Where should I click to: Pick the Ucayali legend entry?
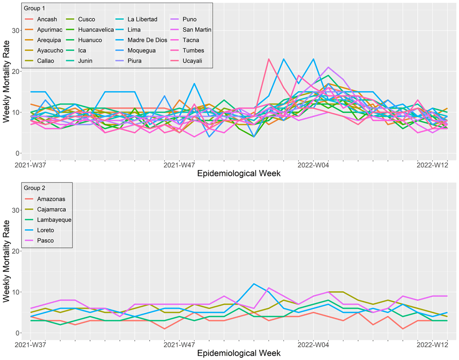[x=193, y=61]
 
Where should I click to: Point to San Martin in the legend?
[x=196, y=29]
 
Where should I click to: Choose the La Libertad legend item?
[x=142, y=19]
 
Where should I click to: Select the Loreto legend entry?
[x=48, y=230]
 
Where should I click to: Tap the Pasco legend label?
[x=47, y=240]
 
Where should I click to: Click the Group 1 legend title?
[x=34, y=8]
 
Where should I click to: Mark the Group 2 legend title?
[x=34, y=188]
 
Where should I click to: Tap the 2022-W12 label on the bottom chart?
[x=432, y=344]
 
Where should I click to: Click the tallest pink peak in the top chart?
[x=269, y=59]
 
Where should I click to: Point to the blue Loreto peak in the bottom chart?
[x=254, y=283]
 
